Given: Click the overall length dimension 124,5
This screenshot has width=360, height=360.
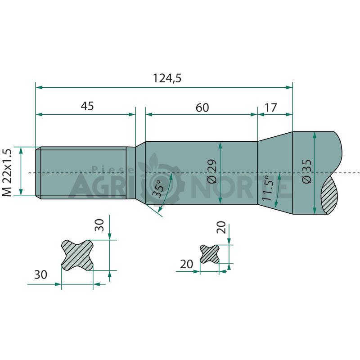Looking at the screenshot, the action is click(x=167, y=78).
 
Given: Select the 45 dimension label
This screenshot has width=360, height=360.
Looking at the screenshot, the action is click(x=87, y=106).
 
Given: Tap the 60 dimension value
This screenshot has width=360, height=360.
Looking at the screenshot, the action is click(x=202, y=108).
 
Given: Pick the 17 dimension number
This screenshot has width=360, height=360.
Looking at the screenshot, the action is click(x=271, y=108).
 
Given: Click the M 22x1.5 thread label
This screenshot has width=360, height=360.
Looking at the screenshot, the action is click(x=7, y=173).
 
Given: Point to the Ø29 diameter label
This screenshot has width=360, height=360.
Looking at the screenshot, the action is click(x=211, y=171).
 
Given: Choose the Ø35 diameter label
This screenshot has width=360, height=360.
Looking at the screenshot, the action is click(x=307, y=171).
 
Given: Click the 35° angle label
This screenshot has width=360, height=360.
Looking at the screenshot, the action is click(x=159, y=188).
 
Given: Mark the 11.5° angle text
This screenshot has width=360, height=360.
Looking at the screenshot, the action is click(x=267, y=188).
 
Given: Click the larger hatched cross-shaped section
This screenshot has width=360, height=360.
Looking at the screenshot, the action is click(x=77, y=255).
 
